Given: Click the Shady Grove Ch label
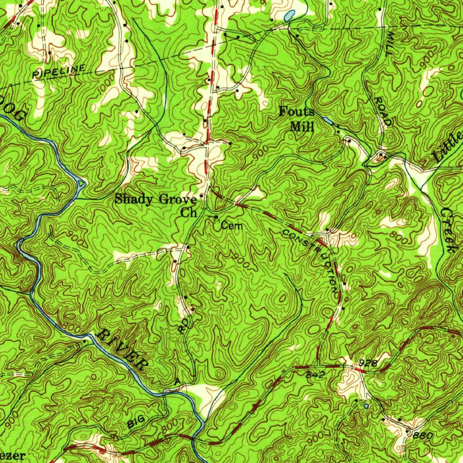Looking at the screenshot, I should tap(156, 204).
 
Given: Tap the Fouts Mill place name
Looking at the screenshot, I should tap(297, 118).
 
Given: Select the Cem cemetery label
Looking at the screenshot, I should tap(232, 226).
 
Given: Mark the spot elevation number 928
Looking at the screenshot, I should tap(369, 363).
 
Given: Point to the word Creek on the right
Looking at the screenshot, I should tap(448, 230).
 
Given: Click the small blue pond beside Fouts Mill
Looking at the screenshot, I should tap(328, 121).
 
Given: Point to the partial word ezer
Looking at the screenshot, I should tap(12, 455).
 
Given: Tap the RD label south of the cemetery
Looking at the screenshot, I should tap(182, 326).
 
